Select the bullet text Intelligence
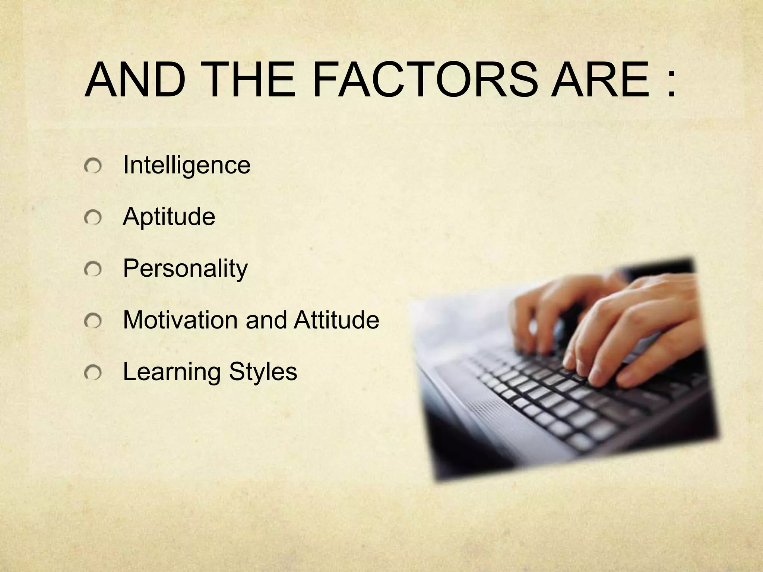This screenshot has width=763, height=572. coord(186,165)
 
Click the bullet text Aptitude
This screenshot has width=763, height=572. coord(169,216)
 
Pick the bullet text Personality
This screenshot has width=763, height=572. coord(185,268)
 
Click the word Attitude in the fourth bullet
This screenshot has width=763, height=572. coord(336,320)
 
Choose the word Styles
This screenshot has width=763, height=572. coord(263,372)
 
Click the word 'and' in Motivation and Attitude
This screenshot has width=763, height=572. coord(266,320)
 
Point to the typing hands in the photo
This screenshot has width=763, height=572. coord(611,328)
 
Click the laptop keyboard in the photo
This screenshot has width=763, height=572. coord(559,406)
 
